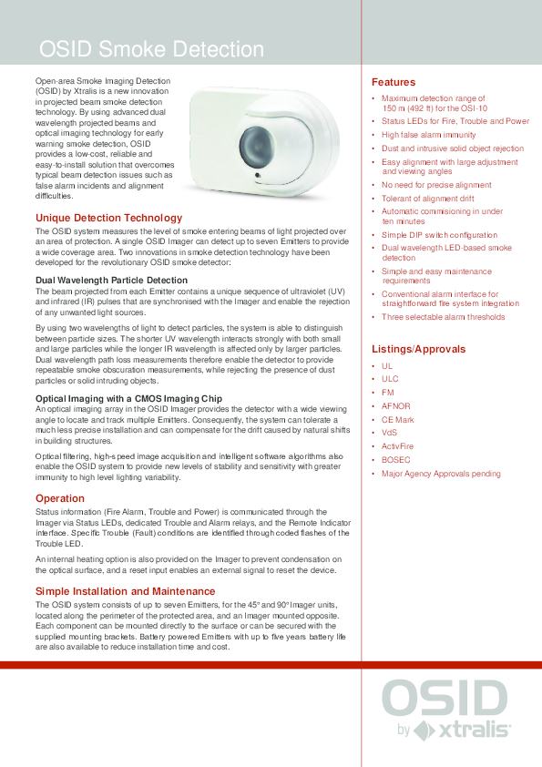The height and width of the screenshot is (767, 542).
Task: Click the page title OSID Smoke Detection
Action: (150, 49)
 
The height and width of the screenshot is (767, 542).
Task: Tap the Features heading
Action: (393, 82)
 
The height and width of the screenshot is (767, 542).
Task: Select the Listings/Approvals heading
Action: (418, 349)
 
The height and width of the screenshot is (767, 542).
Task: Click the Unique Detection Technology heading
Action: (108, 218)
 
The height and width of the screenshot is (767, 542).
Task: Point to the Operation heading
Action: (60, 498)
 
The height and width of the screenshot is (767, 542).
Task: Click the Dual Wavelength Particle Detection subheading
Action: (111, 280)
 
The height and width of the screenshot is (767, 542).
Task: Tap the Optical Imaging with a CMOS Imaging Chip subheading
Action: (128, 398)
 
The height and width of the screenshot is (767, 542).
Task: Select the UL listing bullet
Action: (387, 365)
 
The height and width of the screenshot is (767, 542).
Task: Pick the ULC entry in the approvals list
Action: (390, 379)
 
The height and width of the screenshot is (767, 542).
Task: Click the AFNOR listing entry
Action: (395, 406)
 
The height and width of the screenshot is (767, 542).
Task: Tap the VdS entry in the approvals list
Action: (390, 433)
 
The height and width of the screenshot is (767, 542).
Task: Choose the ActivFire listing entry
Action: (397, 446)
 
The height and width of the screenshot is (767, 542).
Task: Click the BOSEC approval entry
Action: (395, 460)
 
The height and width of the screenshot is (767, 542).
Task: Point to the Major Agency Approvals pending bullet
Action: (441, 474)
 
